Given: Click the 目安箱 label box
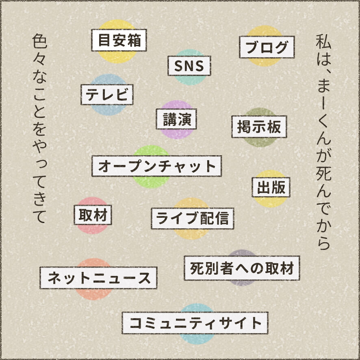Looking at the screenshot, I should coord(119,41).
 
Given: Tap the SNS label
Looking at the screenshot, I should coord(189,66).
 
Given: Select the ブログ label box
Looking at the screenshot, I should coord(267,48).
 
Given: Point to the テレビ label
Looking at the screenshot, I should coord(107,95).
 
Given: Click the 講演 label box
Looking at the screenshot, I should coord(177,119).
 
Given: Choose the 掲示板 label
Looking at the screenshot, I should coord(259,127).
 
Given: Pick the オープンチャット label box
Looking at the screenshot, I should coord(156,166).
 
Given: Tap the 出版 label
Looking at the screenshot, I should coord(271,187).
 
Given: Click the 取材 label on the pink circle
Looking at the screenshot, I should coord(93,214).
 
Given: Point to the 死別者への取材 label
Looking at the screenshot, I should coord(242,268).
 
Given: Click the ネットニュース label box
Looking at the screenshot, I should coord(98,278).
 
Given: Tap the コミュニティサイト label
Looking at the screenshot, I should coord(195,323).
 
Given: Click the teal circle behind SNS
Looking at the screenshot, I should coord(189,80).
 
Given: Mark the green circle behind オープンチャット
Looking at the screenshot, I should coord(151,181).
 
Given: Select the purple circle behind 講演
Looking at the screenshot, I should coord(177,133).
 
